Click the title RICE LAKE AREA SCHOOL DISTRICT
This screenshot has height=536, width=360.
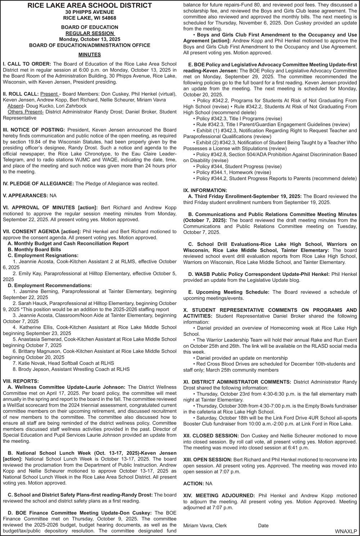(x=90, y=5)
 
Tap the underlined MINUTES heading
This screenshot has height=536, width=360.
(x=90, y=55)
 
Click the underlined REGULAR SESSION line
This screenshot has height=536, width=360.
(x=90, y=33)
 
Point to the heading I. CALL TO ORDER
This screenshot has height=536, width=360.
(x=27, y=64)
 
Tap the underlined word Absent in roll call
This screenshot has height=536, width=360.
(x=14, y=106)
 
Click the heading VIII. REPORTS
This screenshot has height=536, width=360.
(x=21, y=381)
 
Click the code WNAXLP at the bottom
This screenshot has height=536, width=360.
(x=345, y=531)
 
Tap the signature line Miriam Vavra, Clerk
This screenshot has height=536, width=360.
(x=205, y=525)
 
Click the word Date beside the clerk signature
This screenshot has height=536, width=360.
(x=263, y=525)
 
